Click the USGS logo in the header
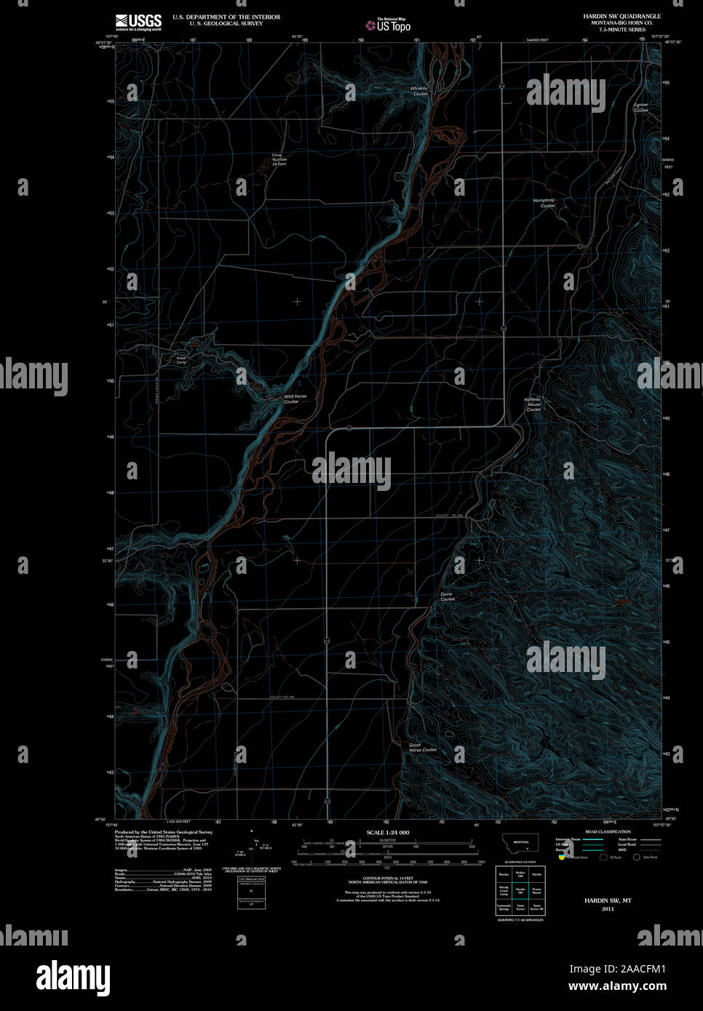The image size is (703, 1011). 138,22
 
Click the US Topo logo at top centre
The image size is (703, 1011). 389,25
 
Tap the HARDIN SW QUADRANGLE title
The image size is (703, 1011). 621,16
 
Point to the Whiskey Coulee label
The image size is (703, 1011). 419,91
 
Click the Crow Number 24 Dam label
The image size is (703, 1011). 279,159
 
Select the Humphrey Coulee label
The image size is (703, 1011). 544,203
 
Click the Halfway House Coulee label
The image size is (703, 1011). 533,404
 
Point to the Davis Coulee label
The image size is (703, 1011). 448,596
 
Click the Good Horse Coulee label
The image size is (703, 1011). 422,747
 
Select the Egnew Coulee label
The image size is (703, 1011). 640,107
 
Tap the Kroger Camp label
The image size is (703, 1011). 181,360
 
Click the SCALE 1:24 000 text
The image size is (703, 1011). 388,832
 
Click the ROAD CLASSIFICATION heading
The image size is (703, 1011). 608,831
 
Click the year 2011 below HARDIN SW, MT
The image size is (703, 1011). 608,908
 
